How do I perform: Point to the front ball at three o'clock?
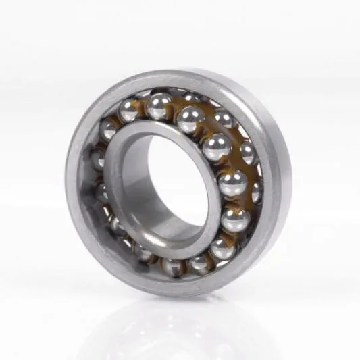[x=232, y=182]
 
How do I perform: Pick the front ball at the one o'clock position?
[x=192, y=119]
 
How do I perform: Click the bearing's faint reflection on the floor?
[x=182, y=324]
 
